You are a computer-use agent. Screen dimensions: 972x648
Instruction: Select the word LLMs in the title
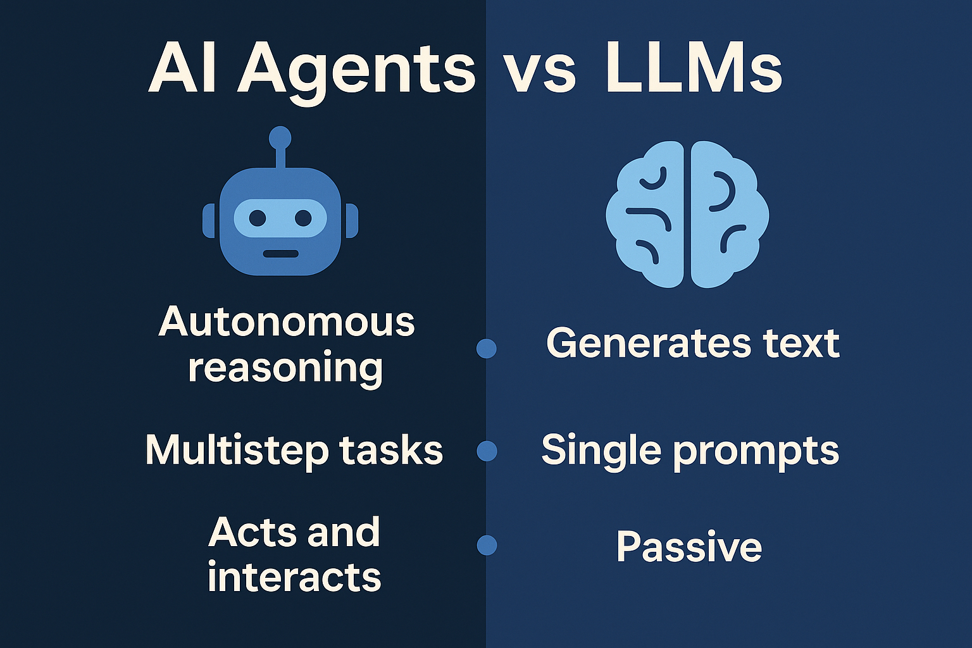[694, 68]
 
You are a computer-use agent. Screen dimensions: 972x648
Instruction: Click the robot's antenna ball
[280, 137]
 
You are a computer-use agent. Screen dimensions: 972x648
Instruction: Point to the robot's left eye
[258, 218]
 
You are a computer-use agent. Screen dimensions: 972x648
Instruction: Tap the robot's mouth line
[280, 254]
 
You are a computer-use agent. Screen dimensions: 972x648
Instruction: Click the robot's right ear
[351, 221]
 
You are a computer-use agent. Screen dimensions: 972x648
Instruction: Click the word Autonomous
[287, 322]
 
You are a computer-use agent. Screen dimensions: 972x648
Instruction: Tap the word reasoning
[285, 368]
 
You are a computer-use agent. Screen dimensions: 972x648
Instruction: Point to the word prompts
[756, 452]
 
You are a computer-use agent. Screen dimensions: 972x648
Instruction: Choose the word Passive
[688, 547]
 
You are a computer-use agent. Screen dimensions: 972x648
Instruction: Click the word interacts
[294, 576]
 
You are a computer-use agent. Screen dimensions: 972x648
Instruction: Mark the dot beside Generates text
[486, 348]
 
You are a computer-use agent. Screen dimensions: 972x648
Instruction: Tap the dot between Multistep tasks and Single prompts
[486, 451]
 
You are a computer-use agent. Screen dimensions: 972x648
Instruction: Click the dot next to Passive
[486, 545]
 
